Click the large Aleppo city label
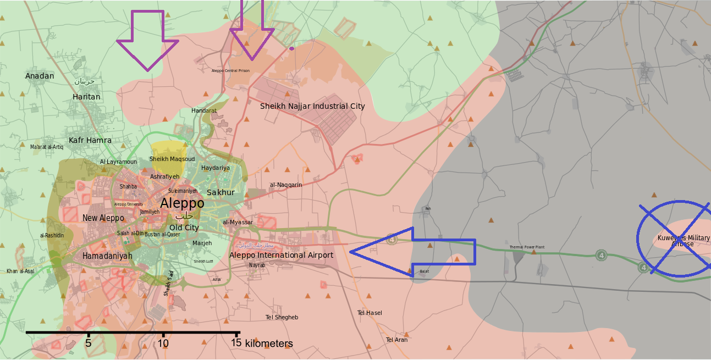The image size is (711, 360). tap(182, 203)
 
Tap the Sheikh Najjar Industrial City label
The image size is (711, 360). tap(312, 106)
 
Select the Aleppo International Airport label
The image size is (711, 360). tap(281, 255)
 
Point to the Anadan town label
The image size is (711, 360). tap(40, 76)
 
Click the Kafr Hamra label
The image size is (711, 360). tap(90, 140)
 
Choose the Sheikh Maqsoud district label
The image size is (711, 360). tap(172, 159)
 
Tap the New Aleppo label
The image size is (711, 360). tap(103, 218)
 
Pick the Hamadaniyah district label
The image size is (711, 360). tap(107, 256)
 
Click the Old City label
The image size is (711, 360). tap(184, 228)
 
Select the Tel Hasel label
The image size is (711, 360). tap(370, 313)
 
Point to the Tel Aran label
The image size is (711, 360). tap(397, 340)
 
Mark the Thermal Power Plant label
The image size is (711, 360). tap(527, 247)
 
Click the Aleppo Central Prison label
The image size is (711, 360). tap(230, 71)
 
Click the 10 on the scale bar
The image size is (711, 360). tap(163, 344)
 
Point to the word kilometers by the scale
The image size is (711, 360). tap(269, 344)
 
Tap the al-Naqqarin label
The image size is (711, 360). tap(286, 185)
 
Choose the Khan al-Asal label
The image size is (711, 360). tap(20, 271)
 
